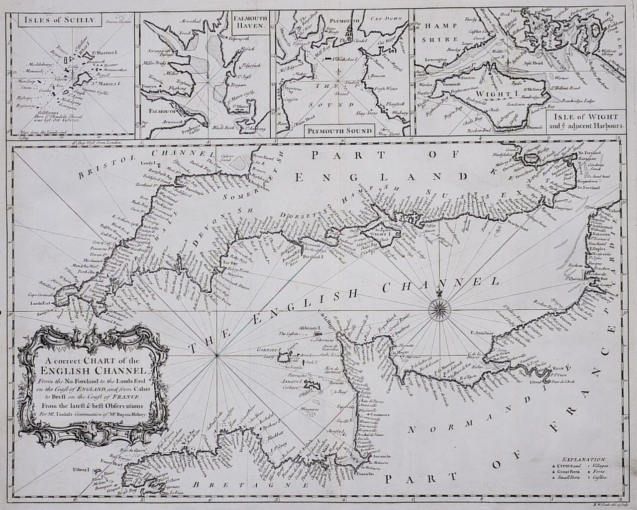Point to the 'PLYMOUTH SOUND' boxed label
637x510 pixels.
pos(339,131)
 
